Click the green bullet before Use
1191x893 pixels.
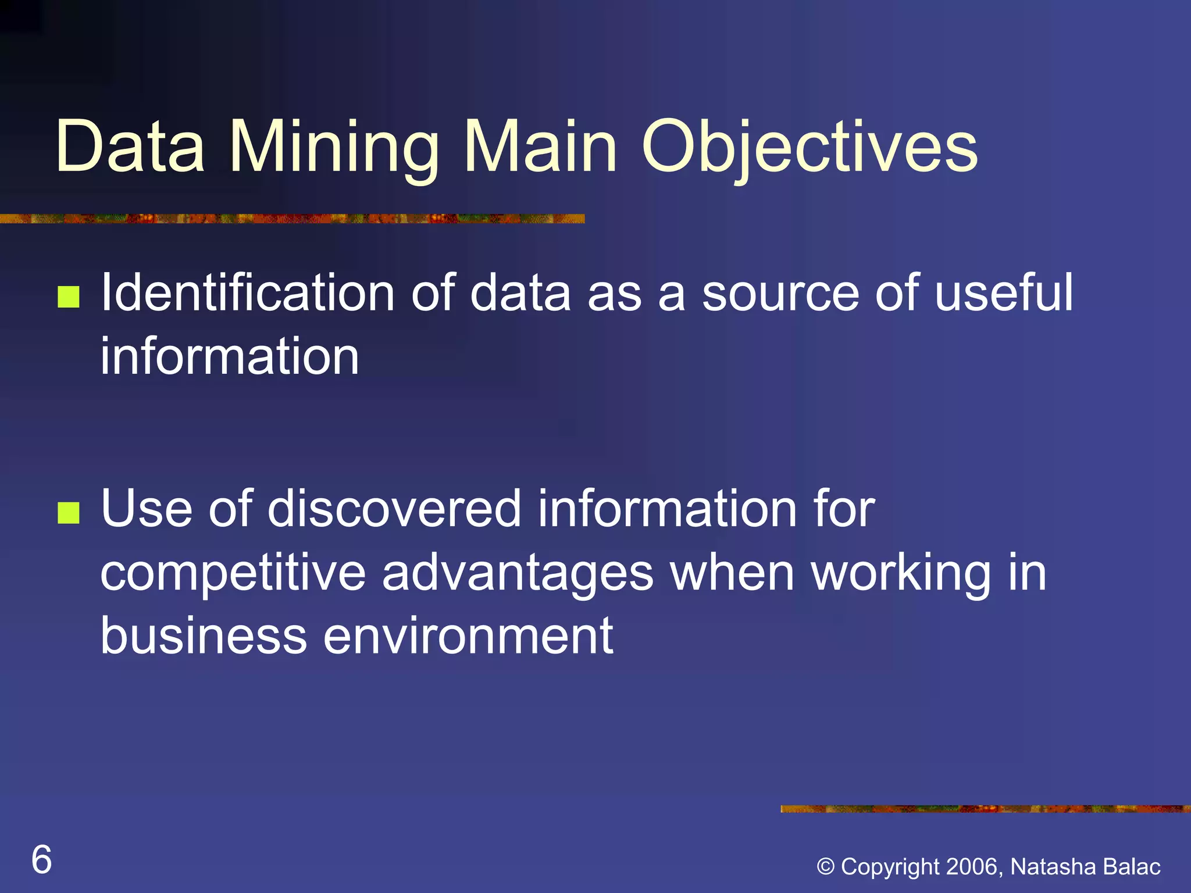tap(69, 513)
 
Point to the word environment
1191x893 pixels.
tap(468, 636)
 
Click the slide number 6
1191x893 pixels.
tap(41, 859)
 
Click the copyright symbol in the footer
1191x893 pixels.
tap(826, 867)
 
